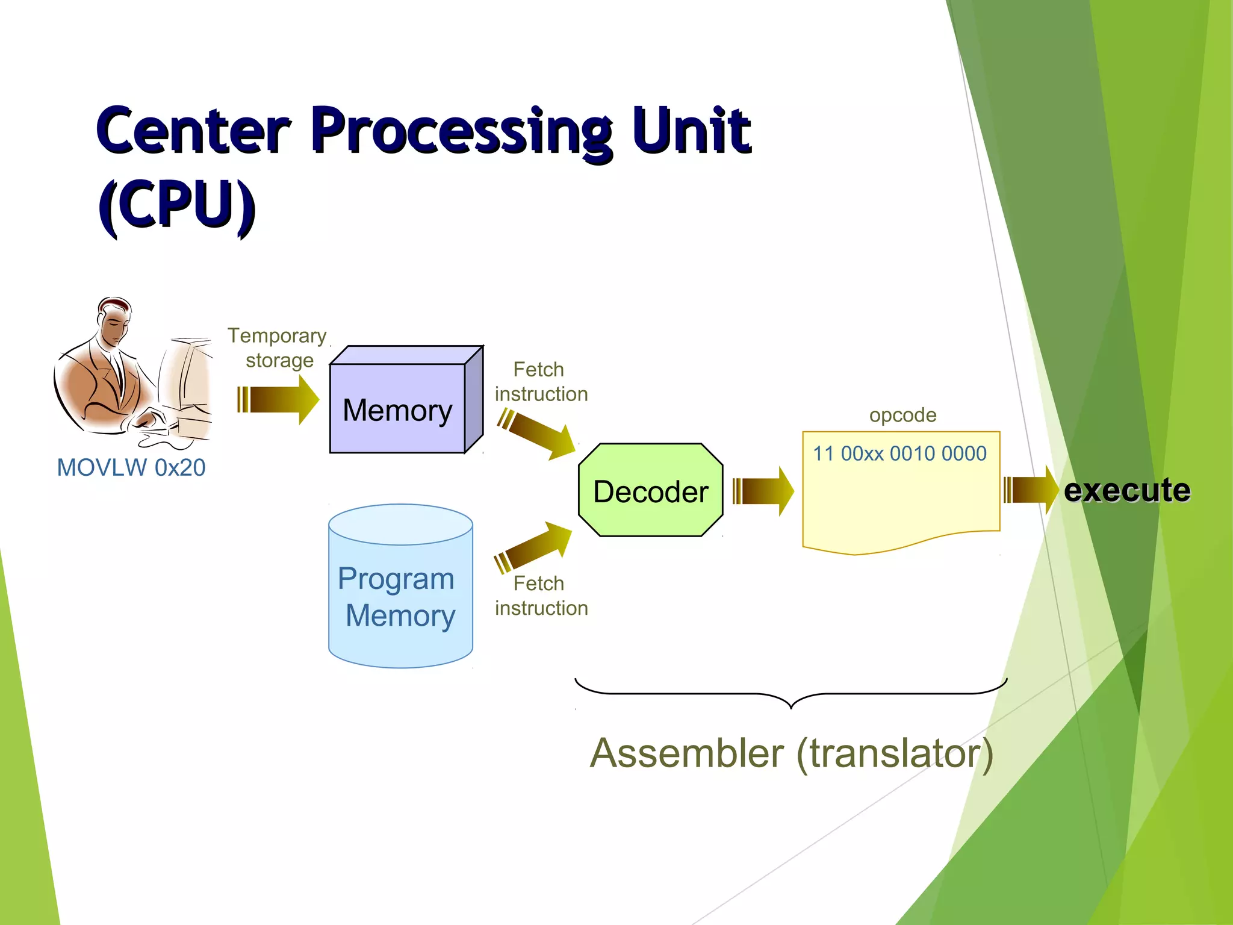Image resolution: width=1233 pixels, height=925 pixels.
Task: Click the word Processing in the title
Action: [462, 131]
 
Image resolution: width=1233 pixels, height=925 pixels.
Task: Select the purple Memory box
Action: [397, 409]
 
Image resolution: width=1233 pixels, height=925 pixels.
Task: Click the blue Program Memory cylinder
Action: [400, 596]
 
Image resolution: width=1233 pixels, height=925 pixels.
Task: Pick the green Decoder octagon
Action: [650, 491]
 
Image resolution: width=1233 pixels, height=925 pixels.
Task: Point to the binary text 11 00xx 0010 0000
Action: [899, 453]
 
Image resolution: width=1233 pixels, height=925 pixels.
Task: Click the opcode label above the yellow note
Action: [902, 415]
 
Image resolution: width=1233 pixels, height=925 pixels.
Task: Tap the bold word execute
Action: [1126, 490]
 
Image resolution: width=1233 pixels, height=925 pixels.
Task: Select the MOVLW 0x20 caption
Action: [131, 468]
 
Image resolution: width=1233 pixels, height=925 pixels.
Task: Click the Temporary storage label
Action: [278, 347]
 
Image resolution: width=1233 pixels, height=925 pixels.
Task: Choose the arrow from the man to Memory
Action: [278, 399]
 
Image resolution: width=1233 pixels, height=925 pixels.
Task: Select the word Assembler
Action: [687, 753]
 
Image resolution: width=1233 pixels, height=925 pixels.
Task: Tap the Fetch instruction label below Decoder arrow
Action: [541, 596]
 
